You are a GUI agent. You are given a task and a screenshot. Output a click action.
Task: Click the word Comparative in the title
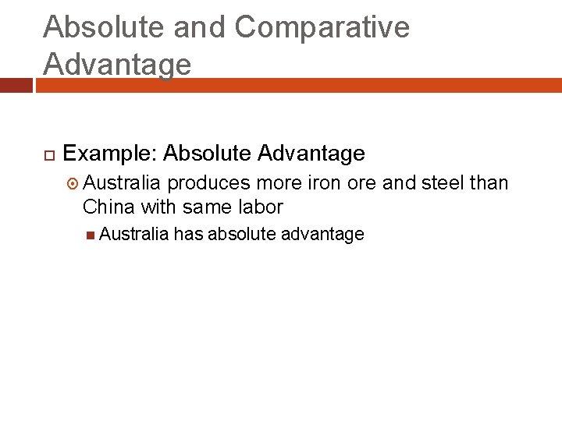click(322, 27)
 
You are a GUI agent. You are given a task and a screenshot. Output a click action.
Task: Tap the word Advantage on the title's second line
click(117, 64)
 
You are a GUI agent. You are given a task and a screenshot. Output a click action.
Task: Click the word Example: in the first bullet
click(110, 154)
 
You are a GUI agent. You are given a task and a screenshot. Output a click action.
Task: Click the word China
click(108, 207)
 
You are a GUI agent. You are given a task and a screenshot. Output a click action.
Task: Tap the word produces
click(208, 183)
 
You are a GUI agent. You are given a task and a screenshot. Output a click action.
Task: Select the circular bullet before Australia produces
click(73, 184)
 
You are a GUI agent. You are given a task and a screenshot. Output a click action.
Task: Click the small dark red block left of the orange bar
click(16, 85)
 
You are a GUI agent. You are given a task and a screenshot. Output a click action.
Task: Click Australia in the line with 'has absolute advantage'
click(133, 235)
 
